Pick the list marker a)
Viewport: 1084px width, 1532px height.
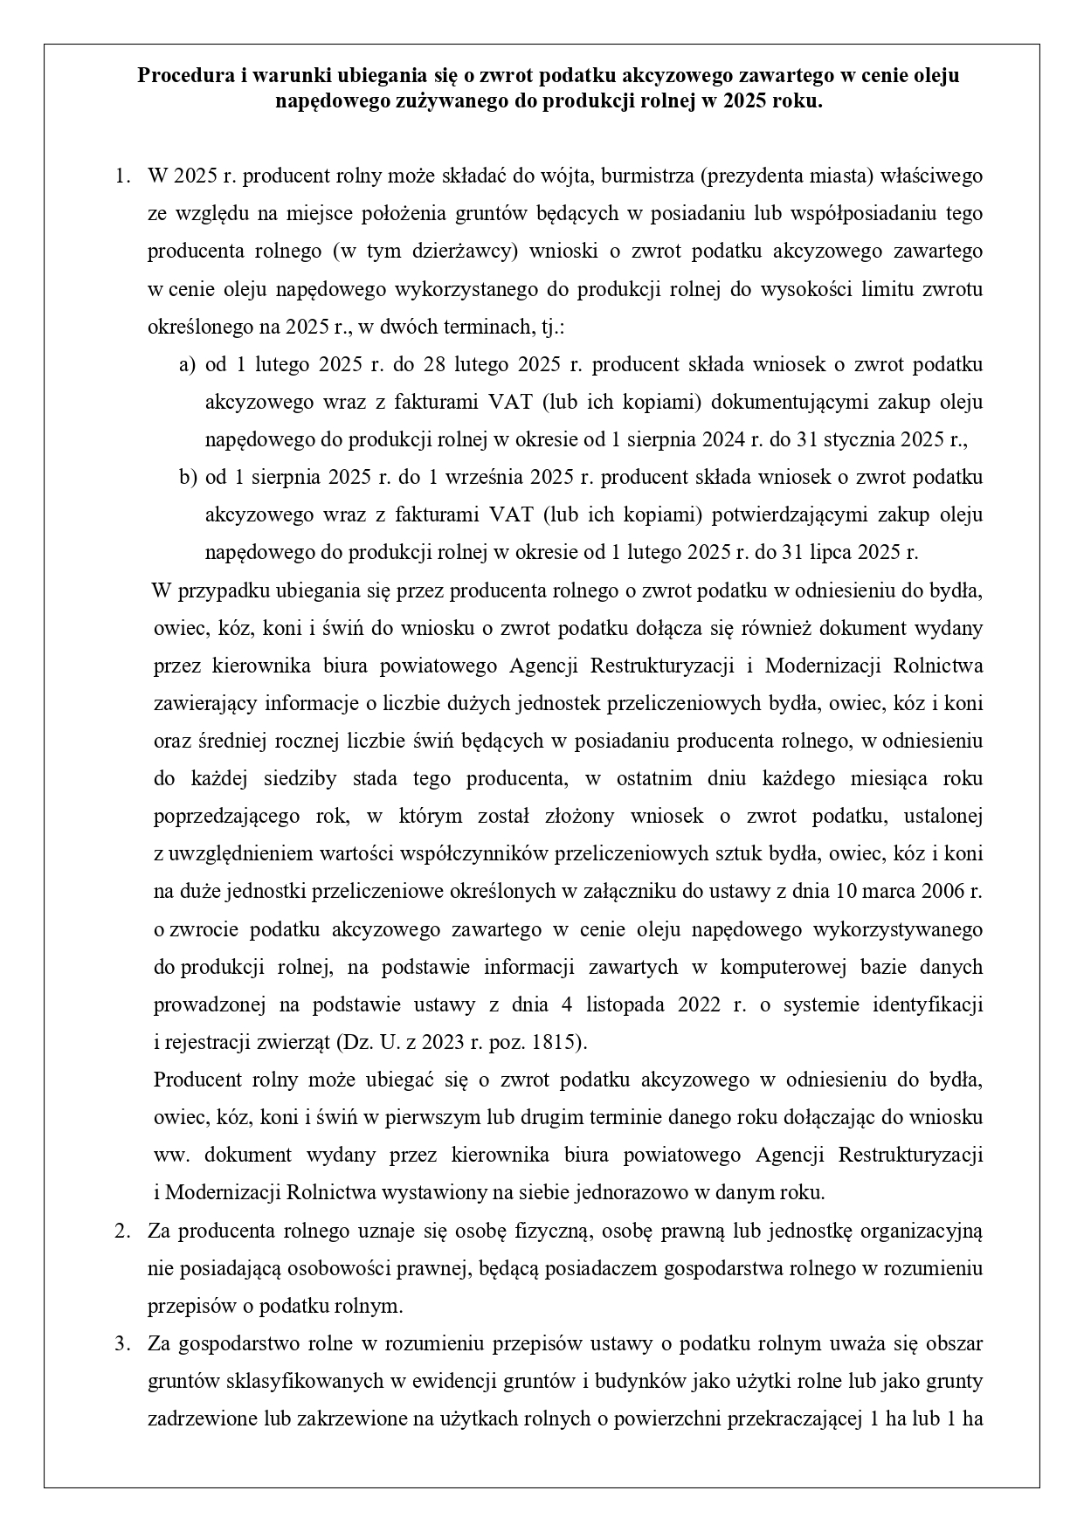(x=187, y=364)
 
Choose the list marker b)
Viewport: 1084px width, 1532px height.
(x=187, y=478)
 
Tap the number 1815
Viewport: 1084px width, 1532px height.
(x=556, y=1042)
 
